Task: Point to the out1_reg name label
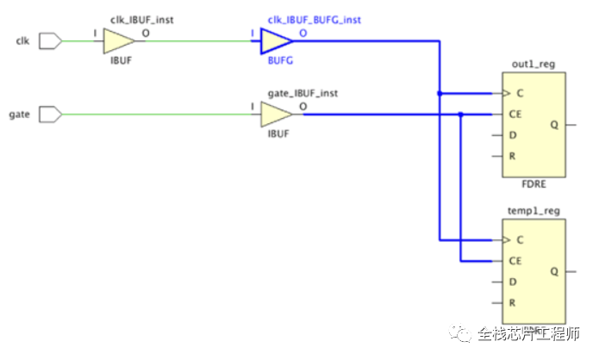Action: click(x=530, y=64)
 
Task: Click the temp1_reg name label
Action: click(x=530, y=210)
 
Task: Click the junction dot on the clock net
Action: click(x=440, y=92)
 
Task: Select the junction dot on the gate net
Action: click(x=461, y=114)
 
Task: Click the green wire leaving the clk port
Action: click(x=78, y=40)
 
